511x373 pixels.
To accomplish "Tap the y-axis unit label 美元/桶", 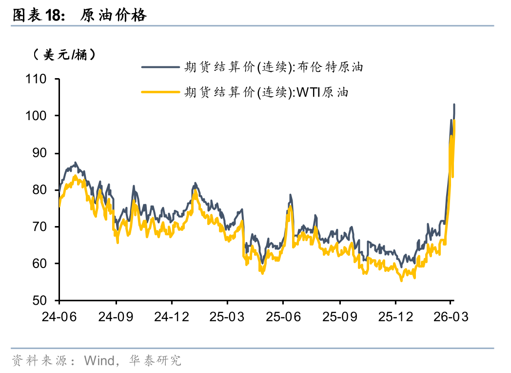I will pyautogui.click(x=64, y=55).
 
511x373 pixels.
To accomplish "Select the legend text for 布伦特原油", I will pyautogui.click(x=274, y=67).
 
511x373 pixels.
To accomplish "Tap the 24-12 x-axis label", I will pyautogui.click(x=172, y=317).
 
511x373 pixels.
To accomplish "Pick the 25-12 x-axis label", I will pyautogui.click(x=395, y=317).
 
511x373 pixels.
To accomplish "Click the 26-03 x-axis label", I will pyautogui.click(x=451, y=317).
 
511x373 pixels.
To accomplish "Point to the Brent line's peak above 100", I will pyautogui.click(x=454, y=104).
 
